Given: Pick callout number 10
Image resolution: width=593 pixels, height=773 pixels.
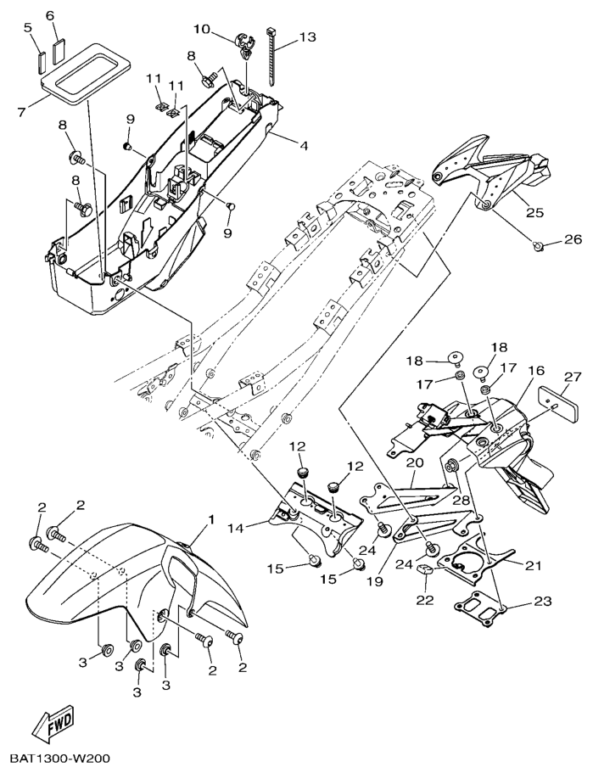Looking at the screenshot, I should click(201, 30).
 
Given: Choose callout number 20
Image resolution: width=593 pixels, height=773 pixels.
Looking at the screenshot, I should click(413, 462).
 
